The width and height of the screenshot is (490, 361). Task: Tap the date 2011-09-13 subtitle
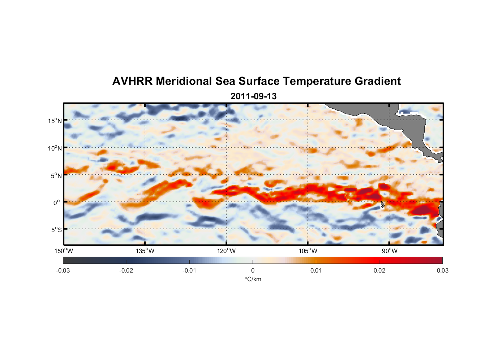(253, 96)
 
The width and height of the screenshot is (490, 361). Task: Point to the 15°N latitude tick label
(55, 121)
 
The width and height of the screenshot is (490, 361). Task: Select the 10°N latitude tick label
(55, 148)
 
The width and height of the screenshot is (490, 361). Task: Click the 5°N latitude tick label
(56, 175)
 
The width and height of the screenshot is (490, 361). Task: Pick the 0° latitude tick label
(57, 203)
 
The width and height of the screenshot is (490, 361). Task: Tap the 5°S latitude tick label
(56, 230)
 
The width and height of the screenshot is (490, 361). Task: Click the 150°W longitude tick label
(64, 251)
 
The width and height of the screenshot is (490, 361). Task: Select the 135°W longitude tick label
(145, 251)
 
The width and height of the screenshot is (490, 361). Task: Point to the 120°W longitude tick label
(226, 251)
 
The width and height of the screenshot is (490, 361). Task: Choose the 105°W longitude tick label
(308, 251)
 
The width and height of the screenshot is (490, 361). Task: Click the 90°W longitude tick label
(390, 251)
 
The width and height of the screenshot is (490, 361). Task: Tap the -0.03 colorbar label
(63, 270)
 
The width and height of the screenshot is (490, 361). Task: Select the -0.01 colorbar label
(189, 270)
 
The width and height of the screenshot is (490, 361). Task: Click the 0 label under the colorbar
(253, 270)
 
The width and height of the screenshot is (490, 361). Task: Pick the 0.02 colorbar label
(379, 270)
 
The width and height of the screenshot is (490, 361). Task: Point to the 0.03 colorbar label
(442, 270)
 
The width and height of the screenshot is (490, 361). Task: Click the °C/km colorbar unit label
(253, 279)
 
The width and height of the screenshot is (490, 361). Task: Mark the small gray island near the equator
(382, 205)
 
